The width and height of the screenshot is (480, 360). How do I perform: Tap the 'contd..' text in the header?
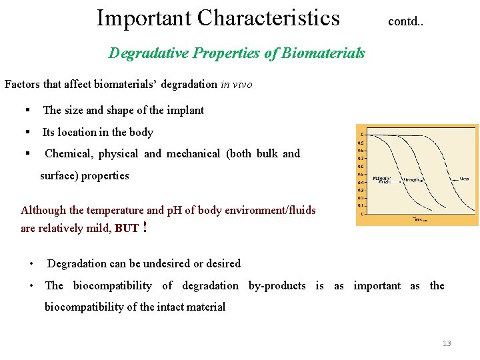point(406,21)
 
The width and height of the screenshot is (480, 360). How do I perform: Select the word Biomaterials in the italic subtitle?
point(323,53)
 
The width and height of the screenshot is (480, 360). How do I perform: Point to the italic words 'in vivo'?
point(236,85)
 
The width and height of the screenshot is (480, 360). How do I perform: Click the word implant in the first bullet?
point(185,111)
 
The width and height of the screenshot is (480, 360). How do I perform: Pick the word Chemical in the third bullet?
point(68,154)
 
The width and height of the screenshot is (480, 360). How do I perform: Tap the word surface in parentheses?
point(57,176)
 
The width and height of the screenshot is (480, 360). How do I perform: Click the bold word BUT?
point(127,228)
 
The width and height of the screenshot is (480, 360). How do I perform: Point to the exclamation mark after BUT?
point(145,227)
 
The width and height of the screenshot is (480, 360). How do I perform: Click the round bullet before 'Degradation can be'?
point(31,264)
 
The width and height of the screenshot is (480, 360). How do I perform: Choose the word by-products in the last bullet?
point(277,286)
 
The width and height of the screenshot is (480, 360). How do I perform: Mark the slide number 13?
point(446,343)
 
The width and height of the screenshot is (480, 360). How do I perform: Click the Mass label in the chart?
point(464,179)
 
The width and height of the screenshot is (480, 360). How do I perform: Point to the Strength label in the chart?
point(411,179)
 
